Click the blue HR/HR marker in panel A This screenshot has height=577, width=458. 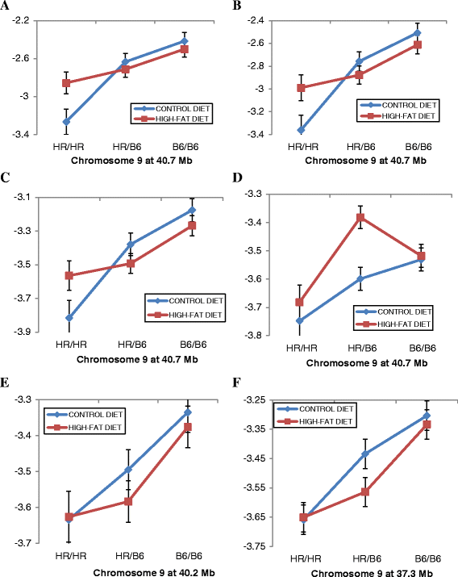point(66,121)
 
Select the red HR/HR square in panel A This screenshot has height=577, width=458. point(66,83)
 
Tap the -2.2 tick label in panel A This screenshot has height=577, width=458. point(21,21)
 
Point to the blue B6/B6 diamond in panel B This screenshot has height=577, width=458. point(417,33)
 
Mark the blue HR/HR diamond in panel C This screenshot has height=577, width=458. point(69,318)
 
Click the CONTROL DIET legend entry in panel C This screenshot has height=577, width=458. point(185,301)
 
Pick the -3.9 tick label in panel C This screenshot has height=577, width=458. point(23,332)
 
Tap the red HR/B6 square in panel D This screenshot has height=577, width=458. point(360,217)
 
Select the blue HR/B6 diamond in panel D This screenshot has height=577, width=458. point(360,278)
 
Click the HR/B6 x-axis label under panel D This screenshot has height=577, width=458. point(362,348)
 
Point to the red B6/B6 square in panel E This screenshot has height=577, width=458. point(188,427)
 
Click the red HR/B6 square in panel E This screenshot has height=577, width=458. point(128,502)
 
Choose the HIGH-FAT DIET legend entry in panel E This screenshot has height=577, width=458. point(85,428)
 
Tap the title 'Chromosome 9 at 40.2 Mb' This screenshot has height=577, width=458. point(154,573)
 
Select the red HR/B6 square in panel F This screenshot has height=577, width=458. point(365,492)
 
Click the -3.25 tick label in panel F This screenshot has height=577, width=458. point(254,400)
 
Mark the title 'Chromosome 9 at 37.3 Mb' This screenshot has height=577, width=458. point(372,573)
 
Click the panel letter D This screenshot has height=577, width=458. point(237,178)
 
